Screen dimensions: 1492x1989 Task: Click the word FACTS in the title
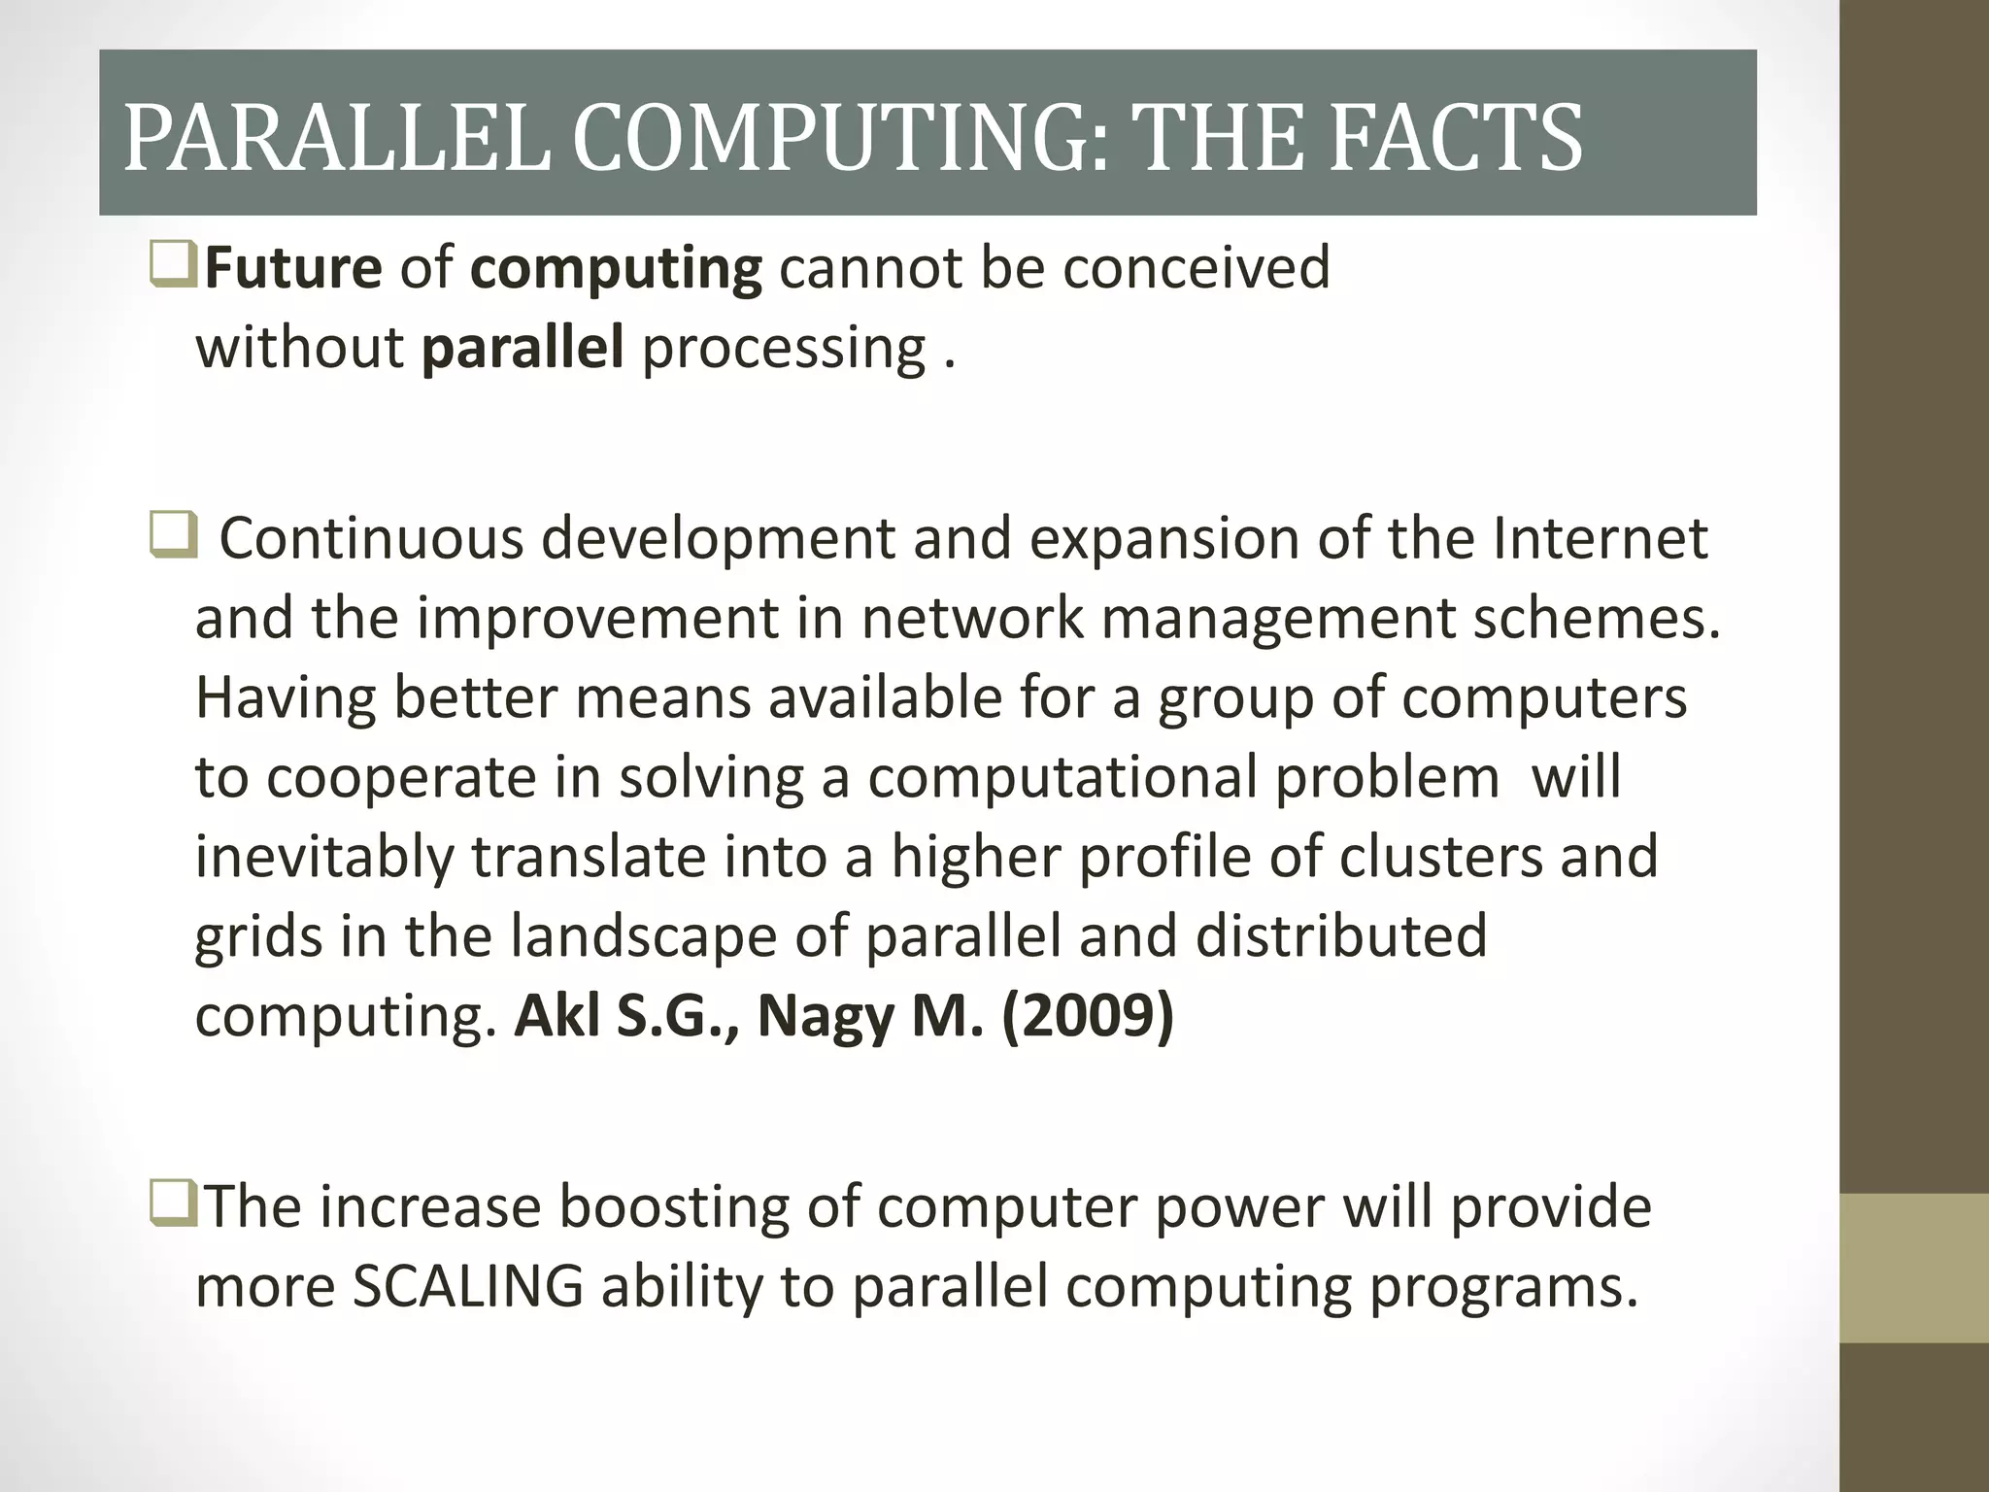click(1456, 139)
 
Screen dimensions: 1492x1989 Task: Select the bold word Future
click(293, 268)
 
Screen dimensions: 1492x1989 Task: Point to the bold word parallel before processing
click(523, 348)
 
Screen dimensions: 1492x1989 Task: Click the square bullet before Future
click(173, 266)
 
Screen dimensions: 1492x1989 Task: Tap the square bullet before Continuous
click(173, 537)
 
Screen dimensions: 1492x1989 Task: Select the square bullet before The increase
click(173, 1205)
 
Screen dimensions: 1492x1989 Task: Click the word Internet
click(1600, 538)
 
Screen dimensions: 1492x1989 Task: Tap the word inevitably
click(324, 858)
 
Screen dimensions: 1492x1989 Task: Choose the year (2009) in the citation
click(1088, 1017)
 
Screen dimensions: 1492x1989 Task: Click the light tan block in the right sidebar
click(1914, 1269)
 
